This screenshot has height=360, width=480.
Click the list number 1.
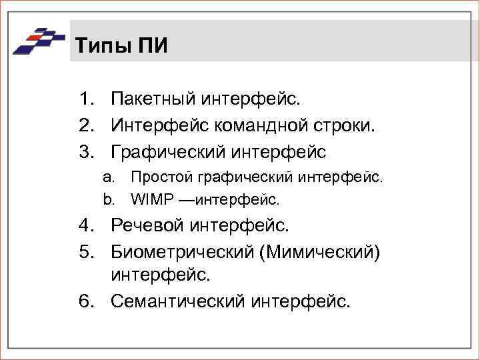click(x=84, y=100)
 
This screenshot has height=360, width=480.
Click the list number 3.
click(x=84, y=152)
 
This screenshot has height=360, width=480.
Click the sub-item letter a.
click(x=106, y=177)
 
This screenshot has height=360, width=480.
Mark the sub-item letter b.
click(x=106, y=199)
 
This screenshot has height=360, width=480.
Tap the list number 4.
click(x=84, y=225)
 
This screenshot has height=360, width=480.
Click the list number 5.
click(x=84, y=251)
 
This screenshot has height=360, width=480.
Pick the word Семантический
click(x=178, y=301)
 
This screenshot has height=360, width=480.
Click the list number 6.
click(x=84, y=301)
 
